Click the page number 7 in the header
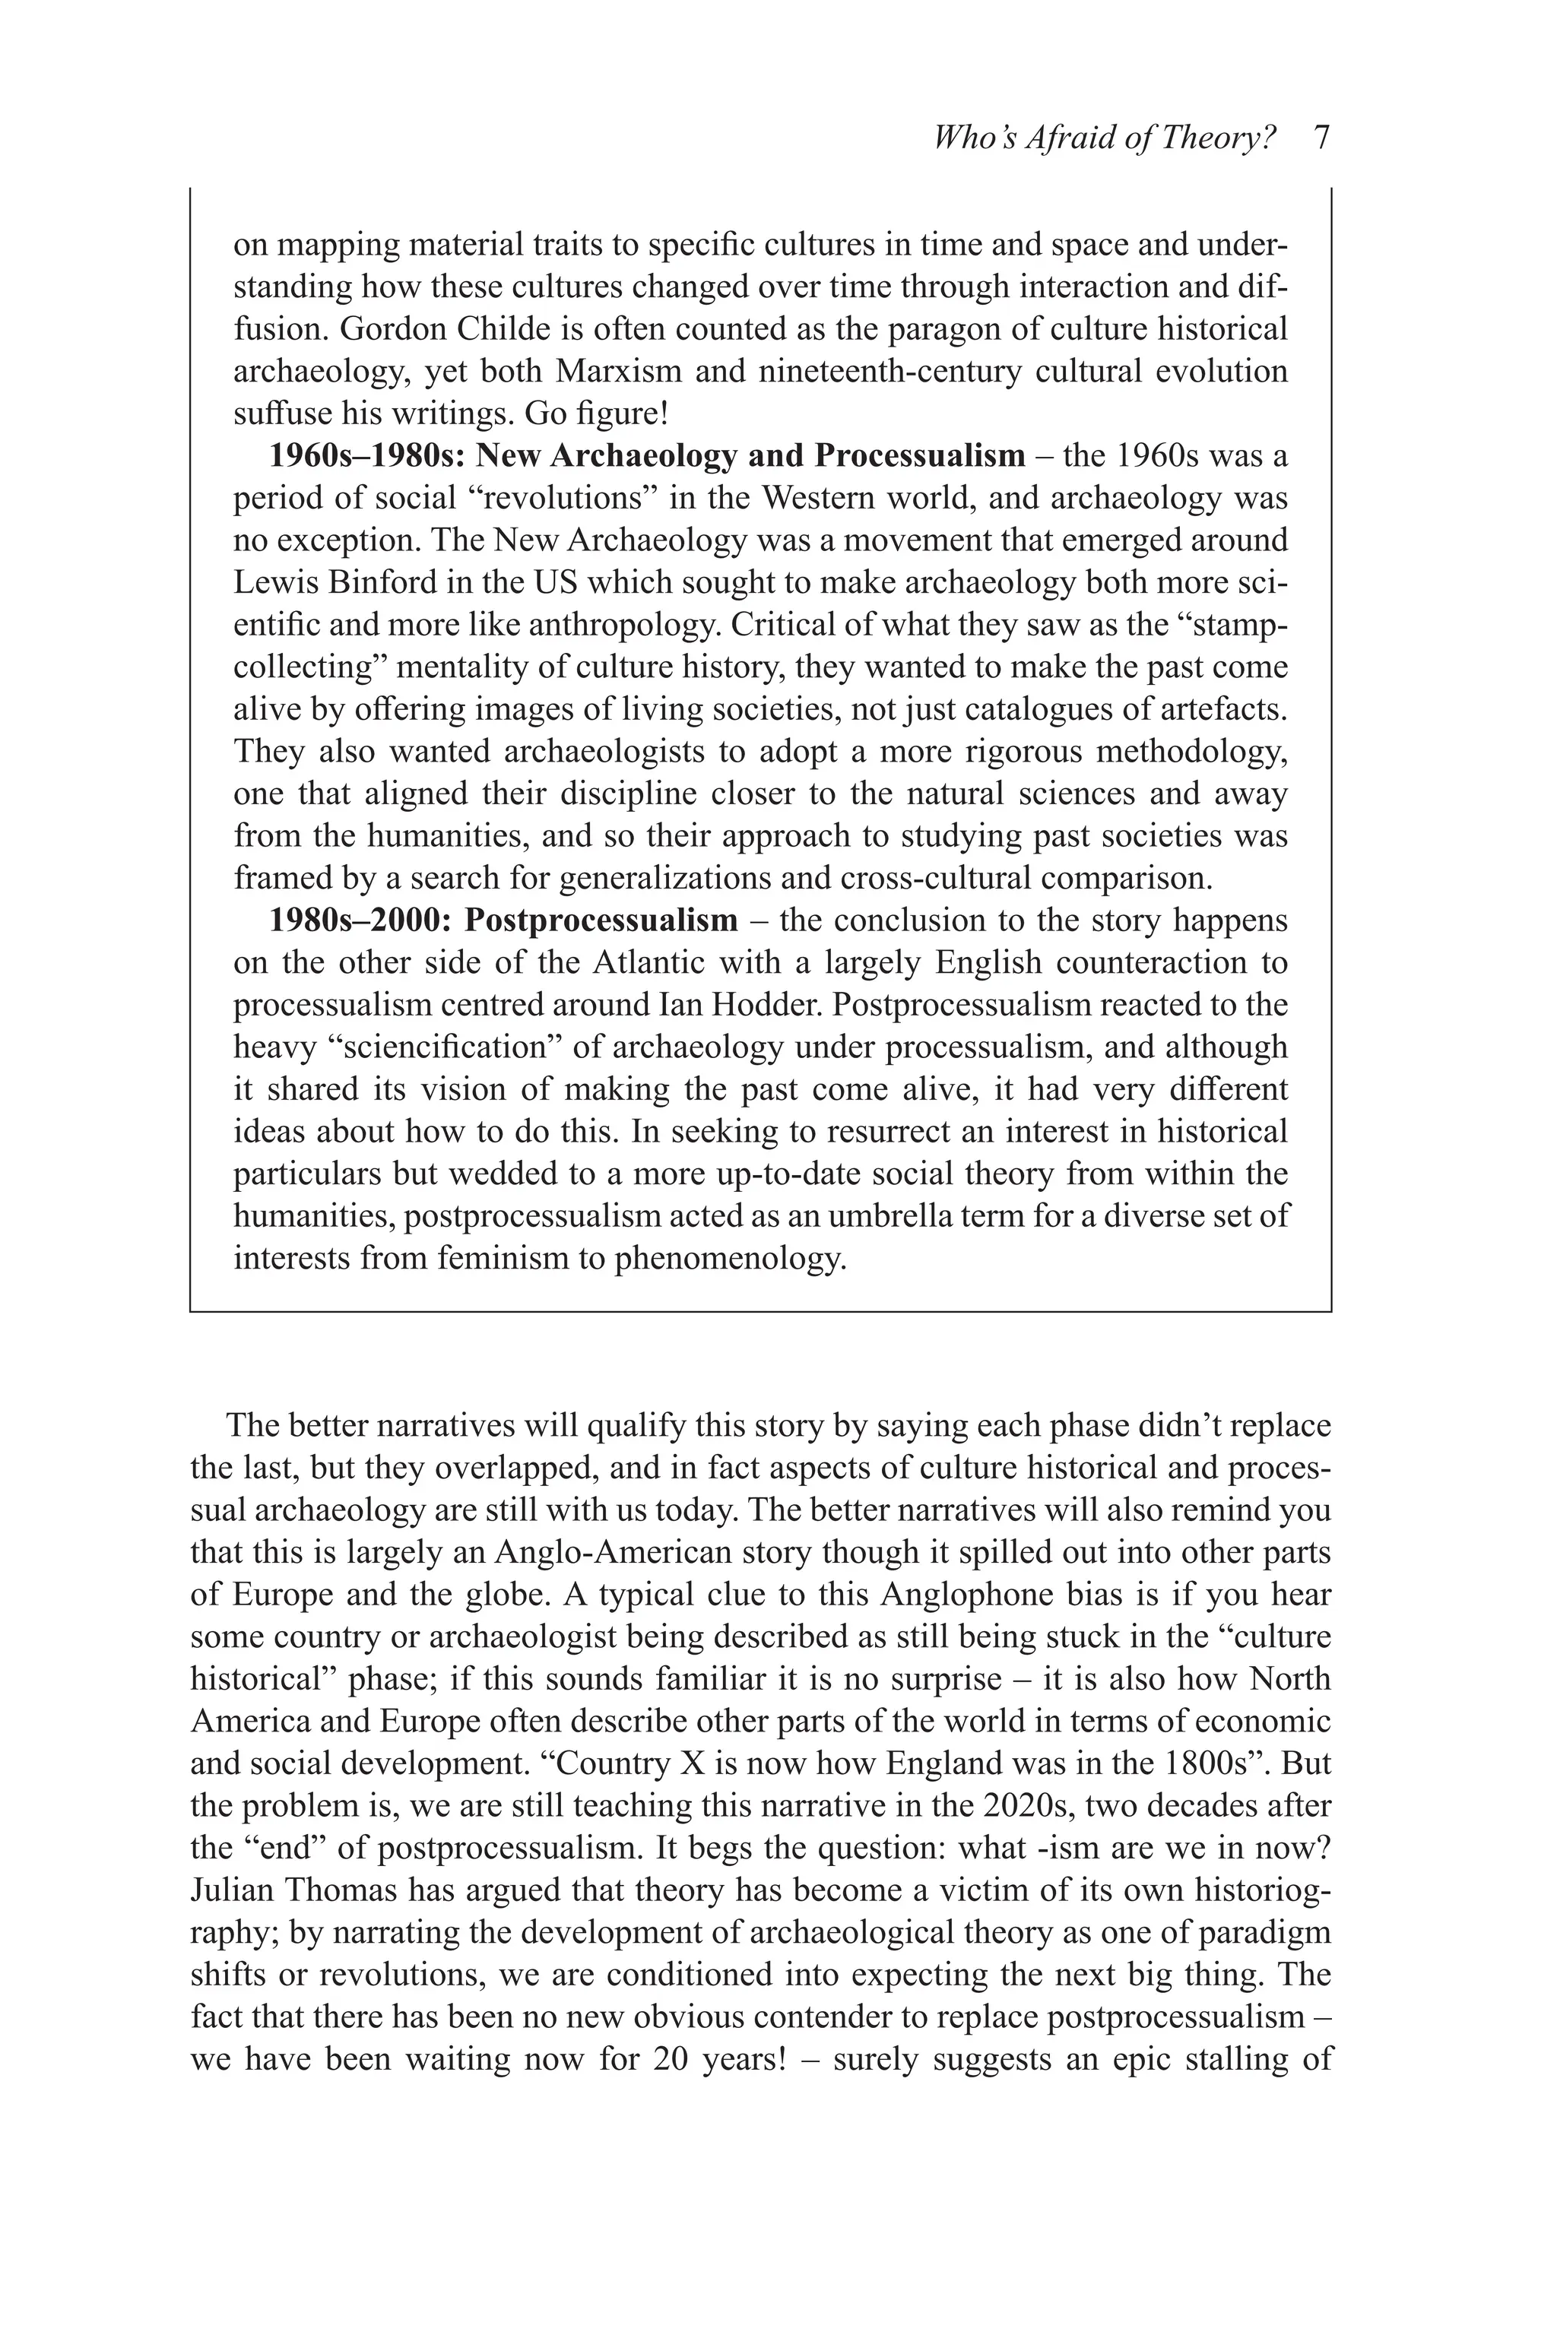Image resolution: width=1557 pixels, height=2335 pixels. [1321, 137]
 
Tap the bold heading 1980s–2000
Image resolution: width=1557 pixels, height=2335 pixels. [361, 920]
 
